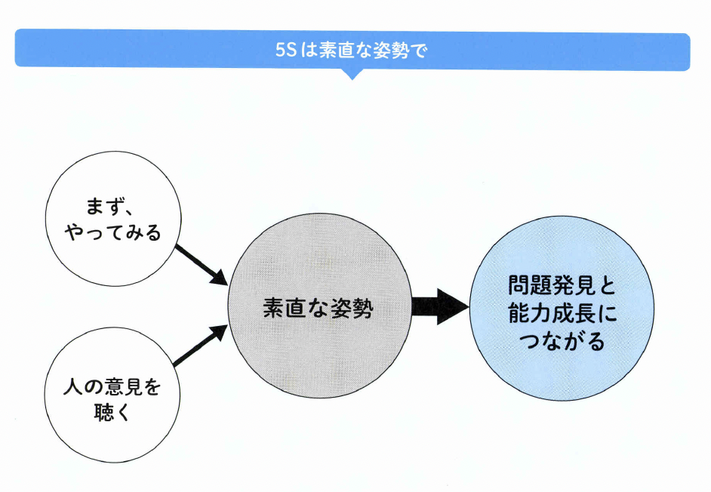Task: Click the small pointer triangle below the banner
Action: (352, 75)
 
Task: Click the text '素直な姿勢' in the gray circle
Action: (319, 309)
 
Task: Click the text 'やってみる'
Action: (113, 233)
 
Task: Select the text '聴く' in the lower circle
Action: (113, 414)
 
